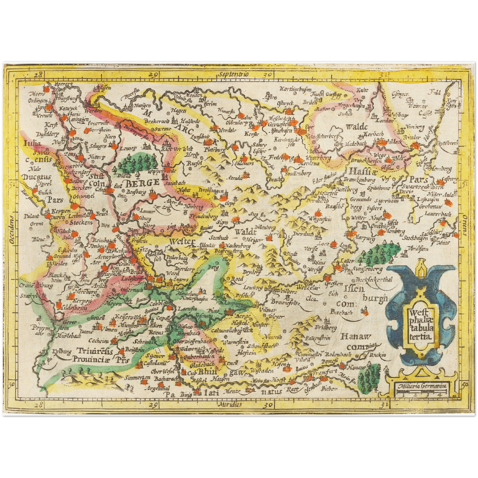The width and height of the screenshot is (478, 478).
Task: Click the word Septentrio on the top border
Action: (233, 74)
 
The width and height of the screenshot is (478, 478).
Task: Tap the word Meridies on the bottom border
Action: (230, 404)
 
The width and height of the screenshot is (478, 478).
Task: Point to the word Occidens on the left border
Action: (12, 230)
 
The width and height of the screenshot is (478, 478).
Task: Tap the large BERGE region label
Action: (142, 183)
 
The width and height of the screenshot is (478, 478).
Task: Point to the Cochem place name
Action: (98, 341)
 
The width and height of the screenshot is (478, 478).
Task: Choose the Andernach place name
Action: (132, 290)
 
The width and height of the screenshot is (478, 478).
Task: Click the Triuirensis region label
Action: (95, 351)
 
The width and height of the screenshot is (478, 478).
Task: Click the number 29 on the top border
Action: (152, 75)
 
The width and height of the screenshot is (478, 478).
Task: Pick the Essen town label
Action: (106, 88)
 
